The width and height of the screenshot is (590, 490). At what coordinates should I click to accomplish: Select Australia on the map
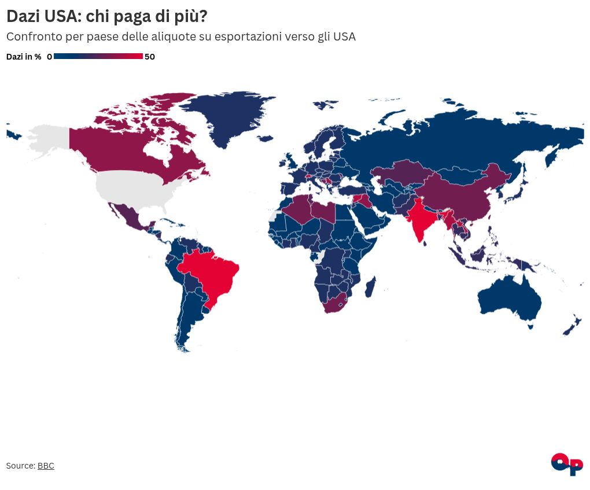509,299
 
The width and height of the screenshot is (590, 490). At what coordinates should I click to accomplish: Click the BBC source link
46,466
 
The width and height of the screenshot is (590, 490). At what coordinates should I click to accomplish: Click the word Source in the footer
20,466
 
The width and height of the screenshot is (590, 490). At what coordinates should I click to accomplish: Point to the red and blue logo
567,464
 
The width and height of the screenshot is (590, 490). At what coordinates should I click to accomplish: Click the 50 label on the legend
150,57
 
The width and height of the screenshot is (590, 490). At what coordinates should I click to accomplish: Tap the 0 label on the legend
49,57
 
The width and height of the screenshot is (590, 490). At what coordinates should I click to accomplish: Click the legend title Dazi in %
24,57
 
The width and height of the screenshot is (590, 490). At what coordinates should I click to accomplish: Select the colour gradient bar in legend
98,56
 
